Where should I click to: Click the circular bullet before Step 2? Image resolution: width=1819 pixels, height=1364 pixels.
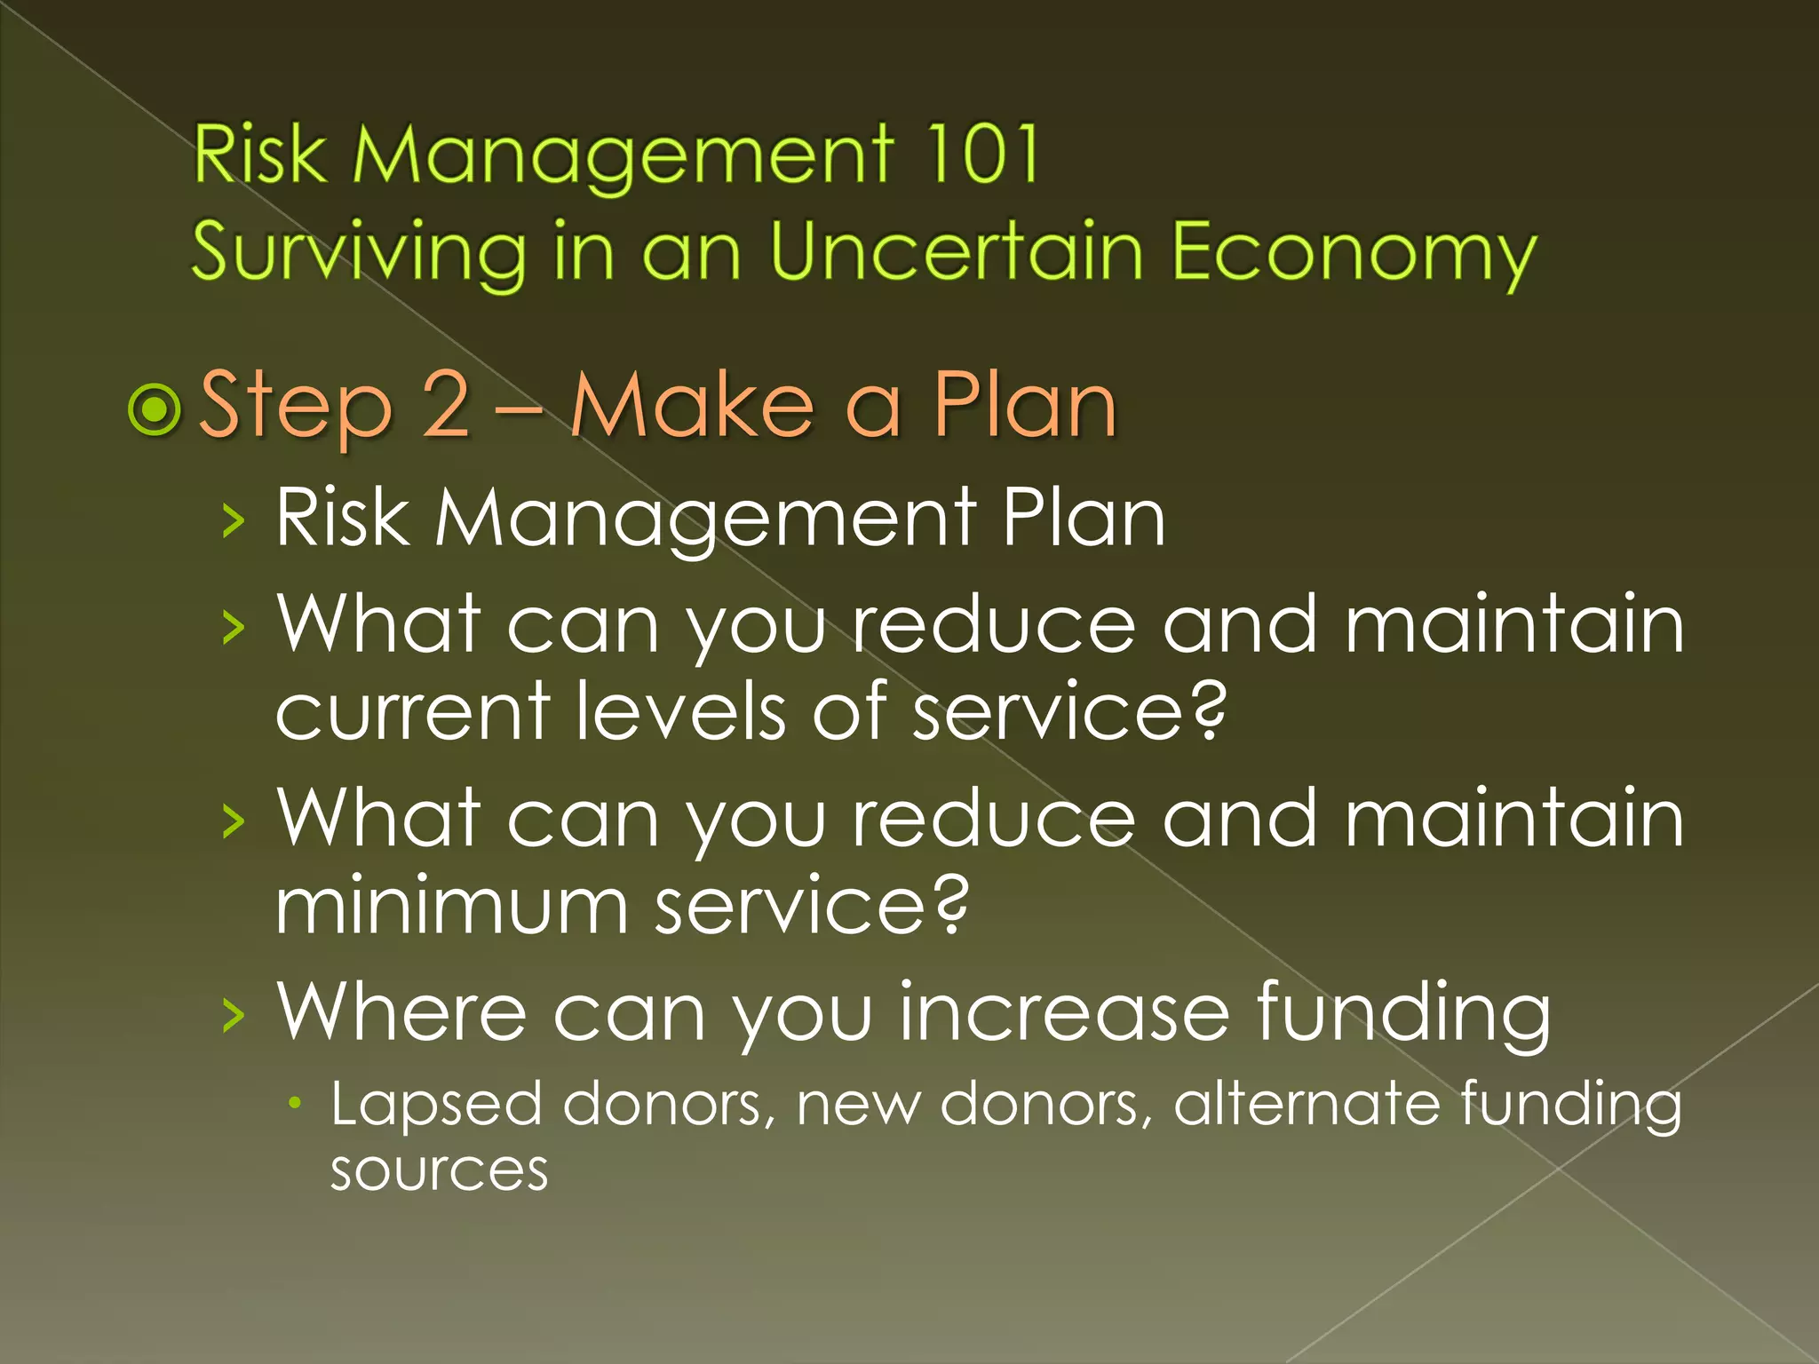(155, 409)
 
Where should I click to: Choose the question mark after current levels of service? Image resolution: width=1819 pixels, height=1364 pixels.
(1207, 710)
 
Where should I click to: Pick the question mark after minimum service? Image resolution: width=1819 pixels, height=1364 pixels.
(949, 905)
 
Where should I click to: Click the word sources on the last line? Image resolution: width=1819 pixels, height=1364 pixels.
(439, 1171)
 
